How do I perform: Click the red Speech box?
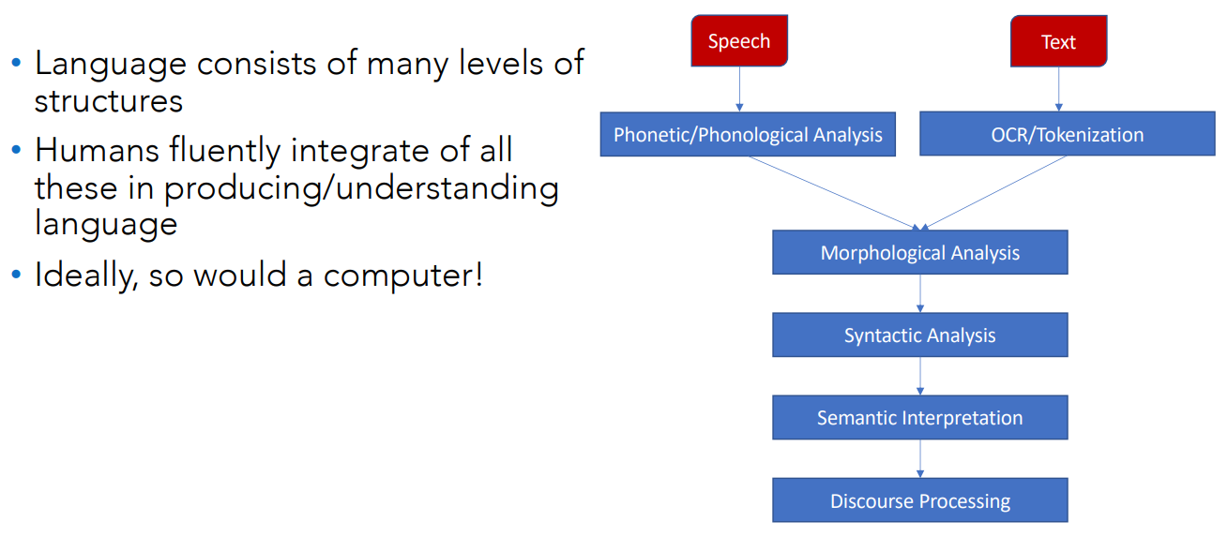tap(739, 41)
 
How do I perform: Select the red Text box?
tap(1058, 41)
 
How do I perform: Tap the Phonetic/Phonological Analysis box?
tap(748, 134)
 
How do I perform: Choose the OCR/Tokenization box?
tap(1068, 134)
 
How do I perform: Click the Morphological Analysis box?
tap(920, 252)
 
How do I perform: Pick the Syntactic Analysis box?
tap(920, 335)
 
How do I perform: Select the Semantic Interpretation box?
tap(920, 417)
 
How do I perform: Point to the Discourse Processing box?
tap(920, 500)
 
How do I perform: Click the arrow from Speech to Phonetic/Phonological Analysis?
tap(739, 89)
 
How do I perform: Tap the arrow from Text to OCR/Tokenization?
tap(1058, 89)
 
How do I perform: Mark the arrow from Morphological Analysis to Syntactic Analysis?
tap(920, 293)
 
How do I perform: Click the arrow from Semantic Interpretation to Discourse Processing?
tap(920, 459)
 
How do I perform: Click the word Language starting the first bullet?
tap(110, 65)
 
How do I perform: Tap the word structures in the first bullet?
tap(109, 101)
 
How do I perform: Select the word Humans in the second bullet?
tap(97, 150)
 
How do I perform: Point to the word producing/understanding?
tap(361, 188)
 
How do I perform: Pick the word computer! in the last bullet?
tap(403, 275)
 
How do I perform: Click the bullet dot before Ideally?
tap(17, 274)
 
